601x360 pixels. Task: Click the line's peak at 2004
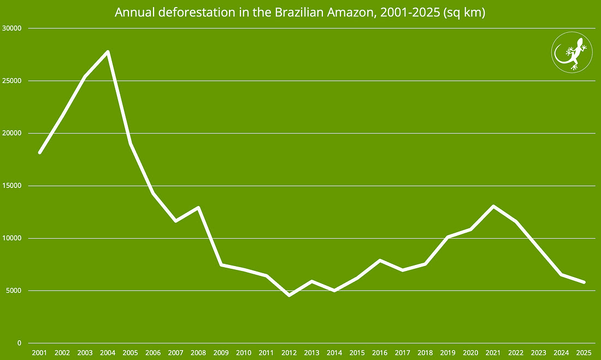click(x=108, y=52)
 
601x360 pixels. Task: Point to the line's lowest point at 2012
click(x=289, y=295)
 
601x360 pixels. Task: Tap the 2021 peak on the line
click(x=493, y=206)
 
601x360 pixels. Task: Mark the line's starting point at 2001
click(x=39, y=152)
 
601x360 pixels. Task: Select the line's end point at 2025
click(x=584, y=282)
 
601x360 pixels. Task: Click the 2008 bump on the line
click(x=198, y=208)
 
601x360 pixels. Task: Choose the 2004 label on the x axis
click(x=108, y=352)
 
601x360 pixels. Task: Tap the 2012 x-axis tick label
click(x=289, y=352)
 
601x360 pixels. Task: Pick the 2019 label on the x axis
click(x=448, y=352)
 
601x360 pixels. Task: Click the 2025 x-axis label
click(x=584, y=352)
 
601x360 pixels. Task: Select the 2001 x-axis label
click(x=39, y=352)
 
